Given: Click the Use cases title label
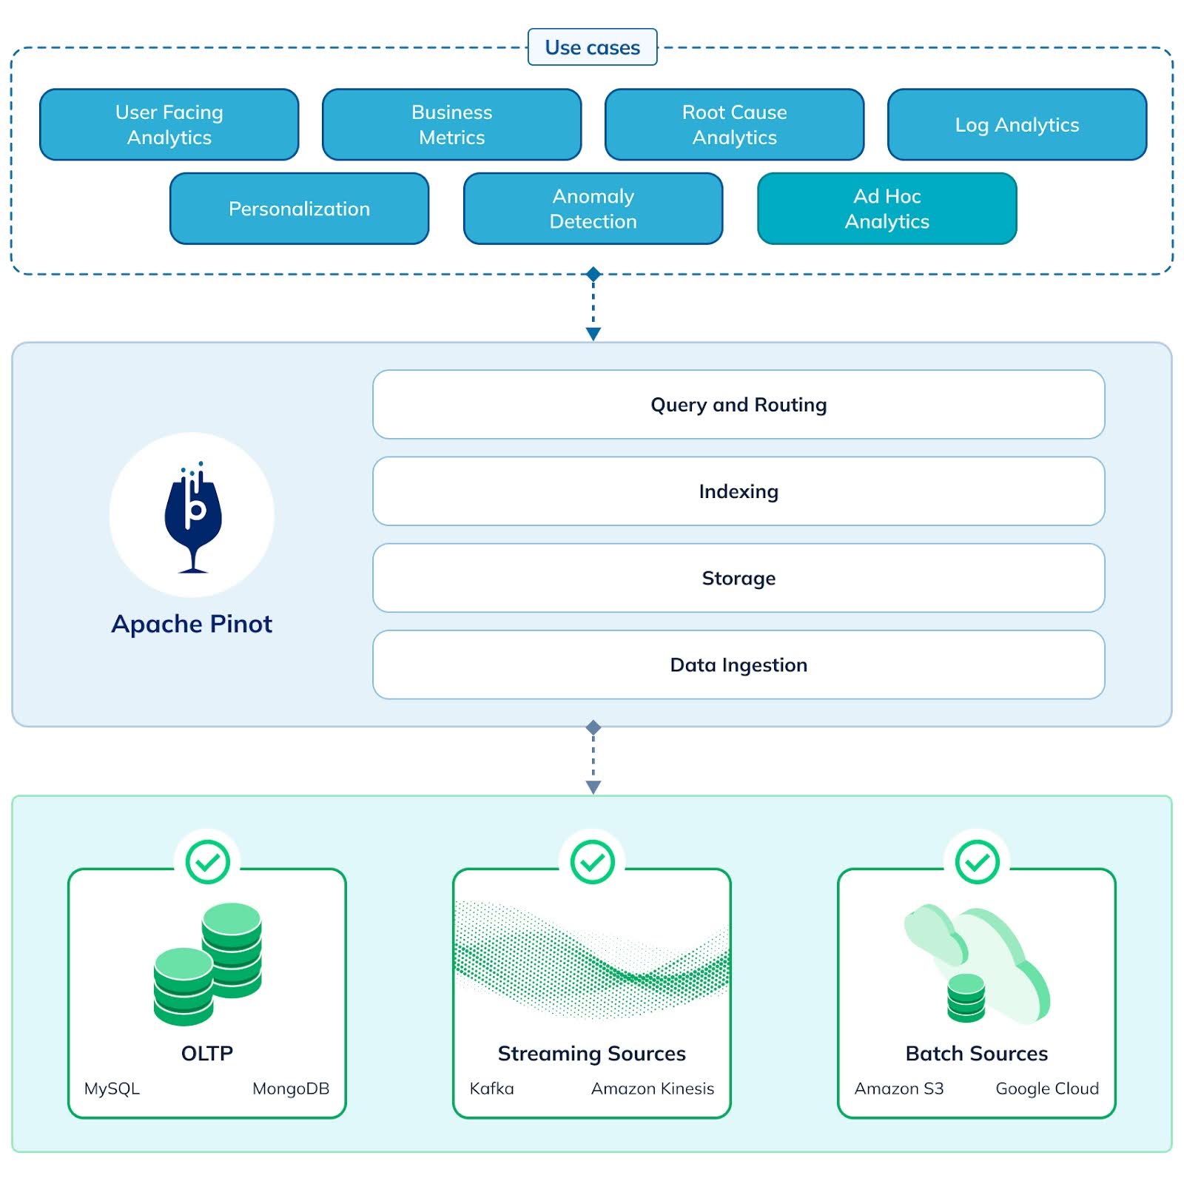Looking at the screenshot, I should (x=592, y=47).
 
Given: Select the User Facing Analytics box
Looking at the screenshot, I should (x=169, y=124).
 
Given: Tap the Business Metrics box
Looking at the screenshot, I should (x=451, y=124).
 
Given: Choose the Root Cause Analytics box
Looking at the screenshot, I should (x=734, y=124).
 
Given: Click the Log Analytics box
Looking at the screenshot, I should (x=1017, y=124).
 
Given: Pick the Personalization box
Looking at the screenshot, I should (x=299, y=209).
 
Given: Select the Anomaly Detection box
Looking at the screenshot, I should (x=593, y=209).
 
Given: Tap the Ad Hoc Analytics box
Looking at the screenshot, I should (x=887, y=209).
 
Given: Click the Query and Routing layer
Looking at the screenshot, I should (x=738, y=405).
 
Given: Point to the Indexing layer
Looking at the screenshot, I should (x=738, y=491).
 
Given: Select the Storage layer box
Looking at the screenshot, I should (x=738, y=578).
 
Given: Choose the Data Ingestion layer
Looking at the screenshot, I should (x=738, y=664).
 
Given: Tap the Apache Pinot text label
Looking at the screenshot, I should (x=192, y=624).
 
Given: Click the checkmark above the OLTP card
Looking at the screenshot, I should (x=207, y=861).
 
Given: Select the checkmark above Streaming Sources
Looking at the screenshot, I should (x=592, y=861).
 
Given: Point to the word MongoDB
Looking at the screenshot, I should (x=290, y=1089).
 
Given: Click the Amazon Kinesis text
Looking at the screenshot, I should (x=652, y=1089).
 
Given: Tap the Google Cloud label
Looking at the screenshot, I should (x=1046, y=1089).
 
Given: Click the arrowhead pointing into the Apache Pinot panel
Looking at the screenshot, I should (x=593, y=334).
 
